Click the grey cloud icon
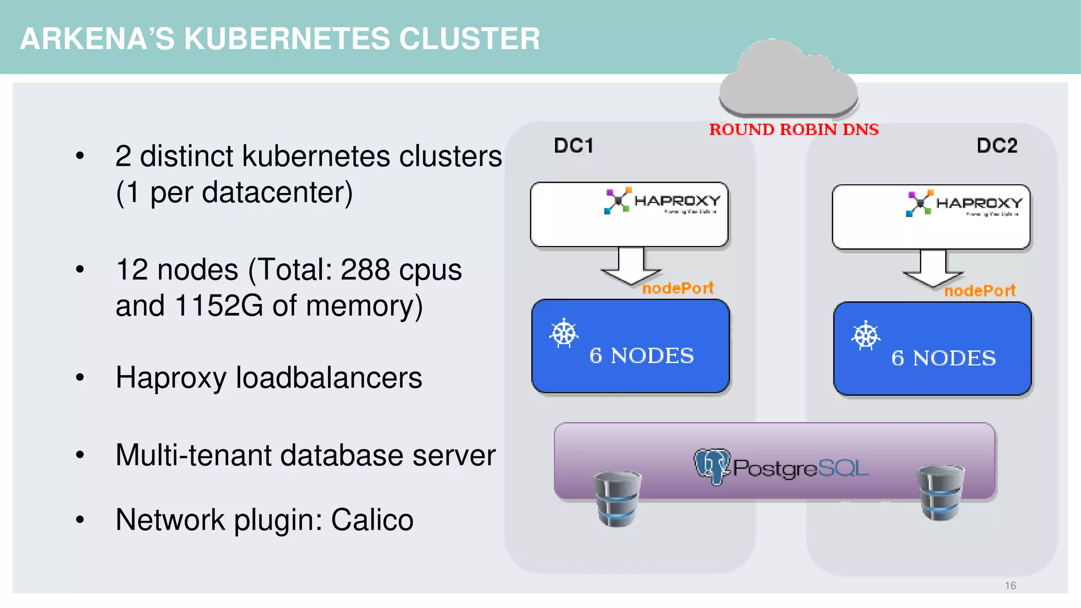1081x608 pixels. [x=788, y=79]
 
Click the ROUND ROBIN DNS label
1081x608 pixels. [x=793, y=129]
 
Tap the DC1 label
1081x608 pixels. [x=573, y=145]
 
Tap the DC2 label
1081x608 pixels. [x=997, y=145]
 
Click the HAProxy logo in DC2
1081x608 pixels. [x=964, y=204]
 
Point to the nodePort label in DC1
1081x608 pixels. [x=678, y=288]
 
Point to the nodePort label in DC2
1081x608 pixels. [x=980, y=291]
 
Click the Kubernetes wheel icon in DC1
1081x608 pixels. [x=564, y=333]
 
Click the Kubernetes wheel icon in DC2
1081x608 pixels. [x=866, y=336]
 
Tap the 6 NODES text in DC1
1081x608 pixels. [x=641, y=356]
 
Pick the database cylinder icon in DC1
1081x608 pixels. [x=617, y=499]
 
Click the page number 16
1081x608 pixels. [x=1010, y=585]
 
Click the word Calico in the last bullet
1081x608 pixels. [x=372, y=520]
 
